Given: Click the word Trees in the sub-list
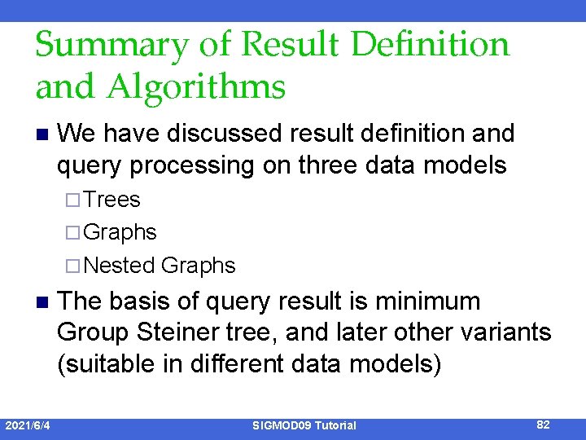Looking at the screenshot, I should [x=112, y=200].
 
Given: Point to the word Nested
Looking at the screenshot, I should [x=120, y=266].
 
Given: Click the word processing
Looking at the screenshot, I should [x=183, y=165].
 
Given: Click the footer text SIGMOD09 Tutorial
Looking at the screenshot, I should [x=304, y=425].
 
